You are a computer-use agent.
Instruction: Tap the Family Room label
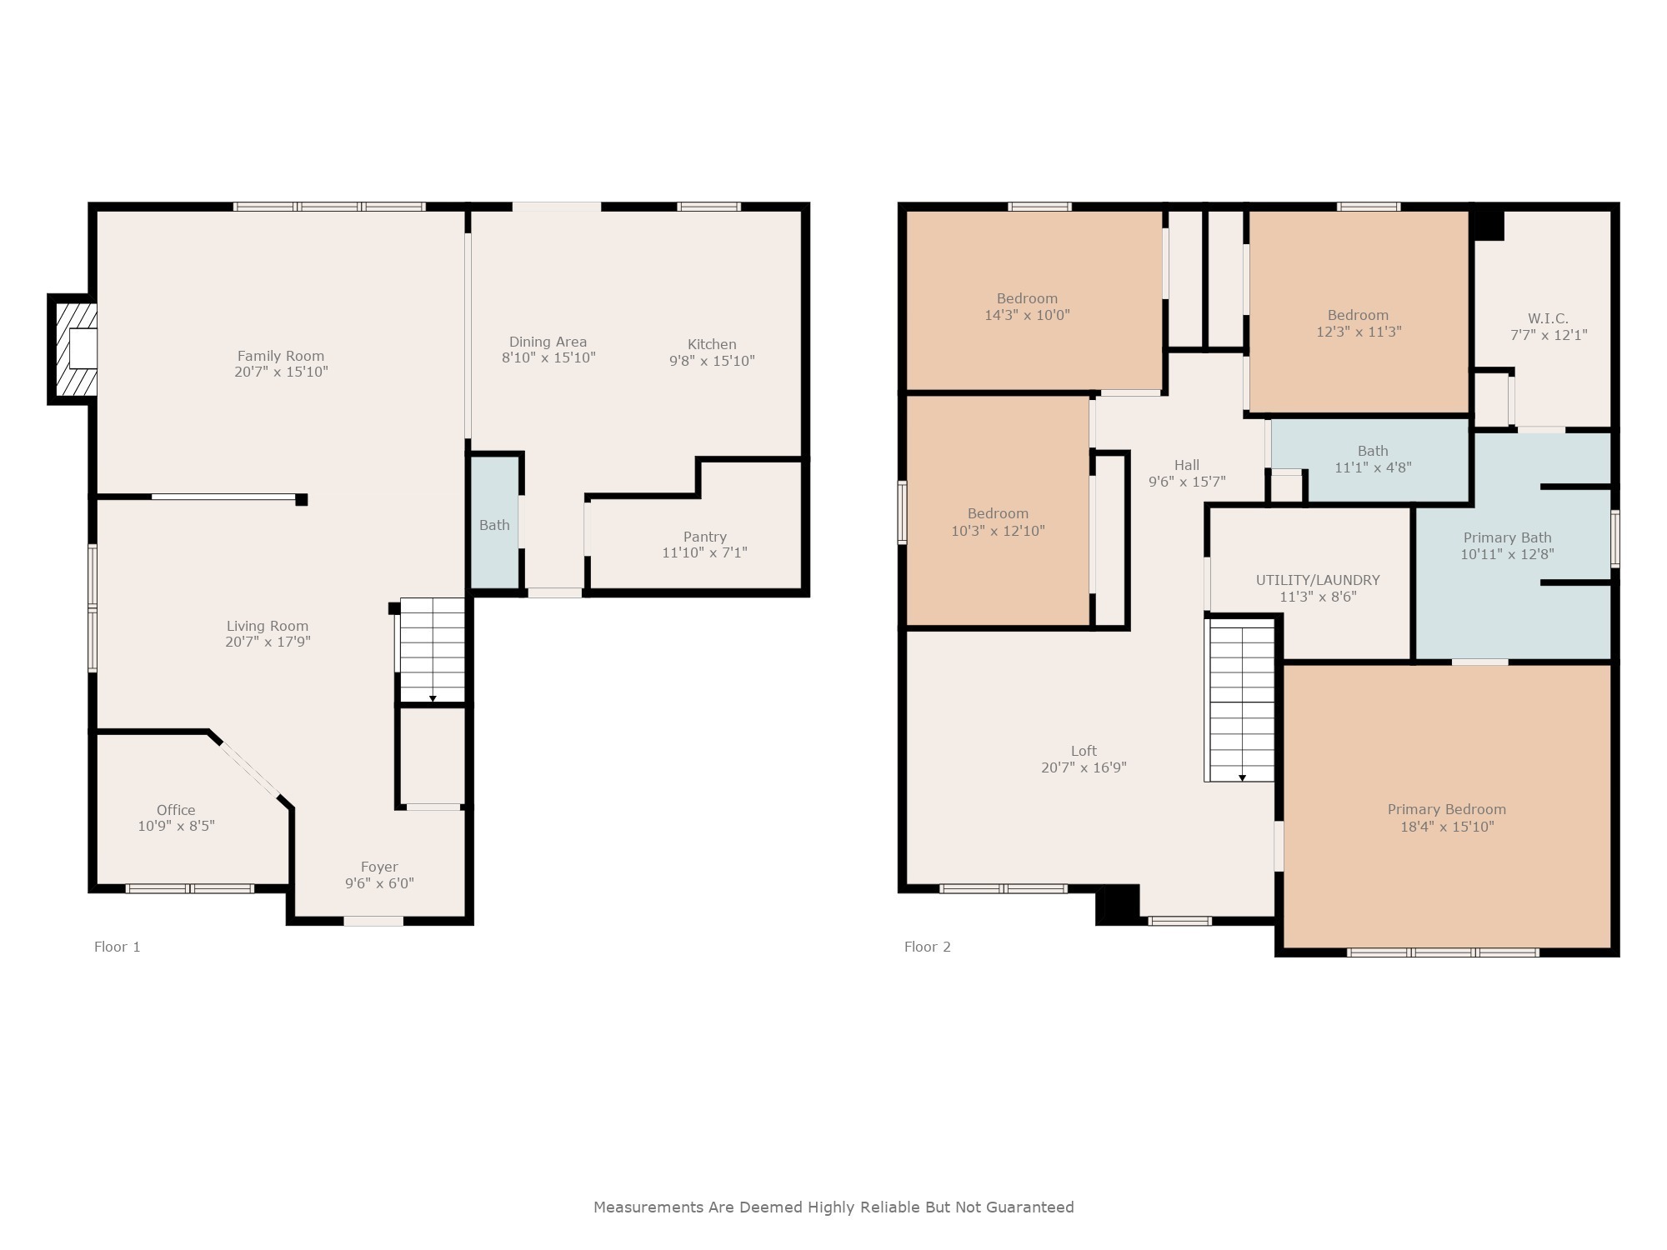click(281, 356)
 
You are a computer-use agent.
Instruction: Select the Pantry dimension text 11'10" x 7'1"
click(704, 552)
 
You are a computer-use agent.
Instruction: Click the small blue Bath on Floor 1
click(494, 525)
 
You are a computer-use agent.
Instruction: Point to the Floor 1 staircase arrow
click(433, 698)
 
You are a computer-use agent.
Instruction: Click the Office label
click(176, 810)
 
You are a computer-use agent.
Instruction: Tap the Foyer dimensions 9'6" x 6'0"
click(379, 883)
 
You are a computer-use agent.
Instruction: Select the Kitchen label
click(712, 344)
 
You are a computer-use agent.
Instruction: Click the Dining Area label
click(548, 342)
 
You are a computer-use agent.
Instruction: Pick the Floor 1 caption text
click(117, 947)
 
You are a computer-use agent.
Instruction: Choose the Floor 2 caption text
click(927, 947)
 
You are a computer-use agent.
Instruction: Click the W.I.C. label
click(1548, 318)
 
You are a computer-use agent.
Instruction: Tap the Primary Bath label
click(1507, 537)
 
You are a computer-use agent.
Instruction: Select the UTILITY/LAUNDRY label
click(1318, 580)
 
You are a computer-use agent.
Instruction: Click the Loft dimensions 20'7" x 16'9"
click(1084, 767)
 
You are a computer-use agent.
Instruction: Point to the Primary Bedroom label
click(1446, 809)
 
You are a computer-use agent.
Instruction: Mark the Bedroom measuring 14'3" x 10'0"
click(1027, 307)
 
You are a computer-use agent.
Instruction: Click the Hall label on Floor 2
click(1186, 465)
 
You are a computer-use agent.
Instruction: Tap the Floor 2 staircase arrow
click(1242, 777)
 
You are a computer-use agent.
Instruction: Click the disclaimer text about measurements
click(833, 1207)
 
